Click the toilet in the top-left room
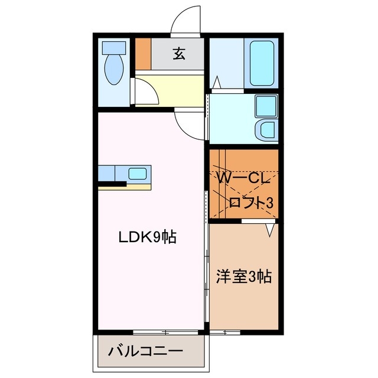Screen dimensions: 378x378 tap(112, 66)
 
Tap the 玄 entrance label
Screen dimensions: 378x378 tap(178, 54)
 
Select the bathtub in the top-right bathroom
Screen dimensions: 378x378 tap(262, 63)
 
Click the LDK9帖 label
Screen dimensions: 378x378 tap(148, 238)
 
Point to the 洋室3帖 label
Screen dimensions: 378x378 tap(244, 276)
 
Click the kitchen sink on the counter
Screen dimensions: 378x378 tap(138, 174)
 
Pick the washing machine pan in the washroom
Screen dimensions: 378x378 tap(265, 107)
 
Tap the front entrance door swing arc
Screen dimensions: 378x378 tap(188, 21)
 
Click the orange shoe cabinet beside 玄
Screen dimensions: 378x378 tap(144, 54)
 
